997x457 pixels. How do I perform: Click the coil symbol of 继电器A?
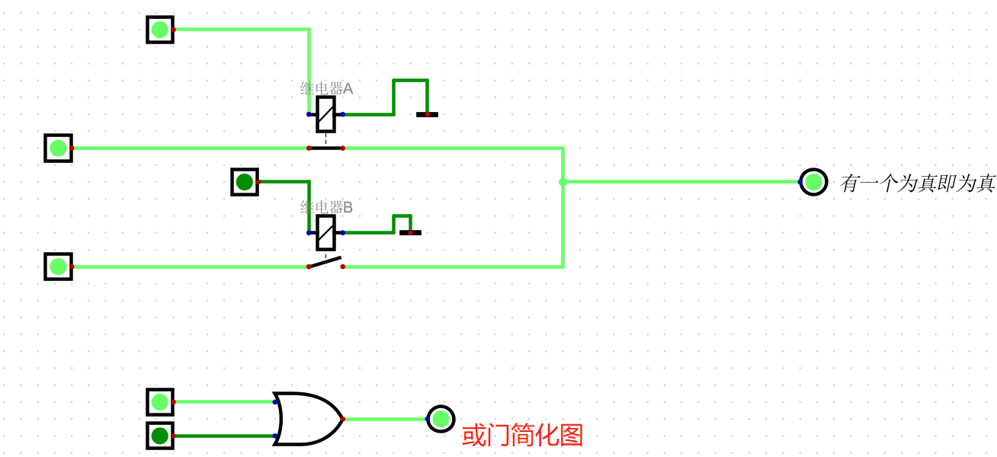tap(325, 114)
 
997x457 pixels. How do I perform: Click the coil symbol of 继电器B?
tap(325, 232)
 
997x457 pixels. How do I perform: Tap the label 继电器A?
tap(326, 88)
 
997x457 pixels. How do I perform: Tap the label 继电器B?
tap(326, 206)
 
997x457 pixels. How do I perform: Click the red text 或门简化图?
tap(522, 435)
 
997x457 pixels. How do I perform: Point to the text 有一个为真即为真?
tap(918, 183)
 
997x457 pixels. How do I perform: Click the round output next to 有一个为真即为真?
tap(813, 182)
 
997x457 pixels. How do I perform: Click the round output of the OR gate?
tap(441, 418)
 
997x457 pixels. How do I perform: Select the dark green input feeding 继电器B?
tap(244, 182)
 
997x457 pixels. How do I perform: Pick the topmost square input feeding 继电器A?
tap(160, 30)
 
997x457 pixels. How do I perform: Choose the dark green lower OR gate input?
tap(160, 436)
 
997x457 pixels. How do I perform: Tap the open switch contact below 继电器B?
tap(325, 264)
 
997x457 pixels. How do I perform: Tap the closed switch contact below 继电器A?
tap(325, 148)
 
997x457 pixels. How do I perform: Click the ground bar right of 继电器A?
tap(427, 115)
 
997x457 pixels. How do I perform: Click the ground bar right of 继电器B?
tap(410, 232)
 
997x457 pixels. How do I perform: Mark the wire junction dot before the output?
tap(563, 182)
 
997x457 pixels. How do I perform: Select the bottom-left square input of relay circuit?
tap(58, 267)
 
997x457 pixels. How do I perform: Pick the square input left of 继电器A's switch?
tap(58, 148)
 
